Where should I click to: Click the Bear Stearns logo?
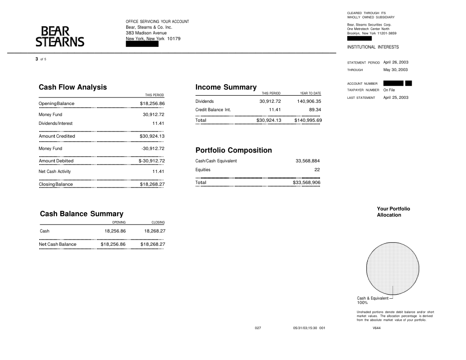coord(60,37)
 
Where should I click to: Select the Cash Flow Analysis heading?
coord(73,87)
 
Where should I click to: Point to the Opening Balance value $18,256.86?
coord(152,104)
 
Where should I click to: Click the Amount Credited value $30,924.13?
coord(152,136)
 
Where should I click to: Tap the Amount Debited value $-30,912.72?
coord(151,161)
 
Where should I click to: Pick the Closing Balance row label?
coord(56,184)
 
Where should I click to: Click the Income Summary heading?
coord(226,87)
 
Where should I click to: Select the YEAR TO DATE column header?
coord(310,94)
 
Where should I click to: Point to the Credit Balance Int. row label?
coord(213,110)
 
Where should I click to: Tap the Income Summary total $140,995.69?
coord(308,120)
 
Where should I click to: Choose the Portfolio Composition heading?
coord(233,150)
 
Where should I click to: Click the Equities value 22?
coord(317,170)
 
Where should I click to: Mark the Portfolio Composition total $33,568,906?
coord(307,183)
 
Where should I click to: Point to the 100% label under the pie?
coord(362,303)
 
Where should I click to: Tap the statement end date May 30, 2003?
coord(395,70)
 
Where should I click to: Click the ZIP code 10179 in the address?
coord(174,39)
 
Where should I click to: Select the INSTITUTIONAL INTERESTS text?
coord(373,47)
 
